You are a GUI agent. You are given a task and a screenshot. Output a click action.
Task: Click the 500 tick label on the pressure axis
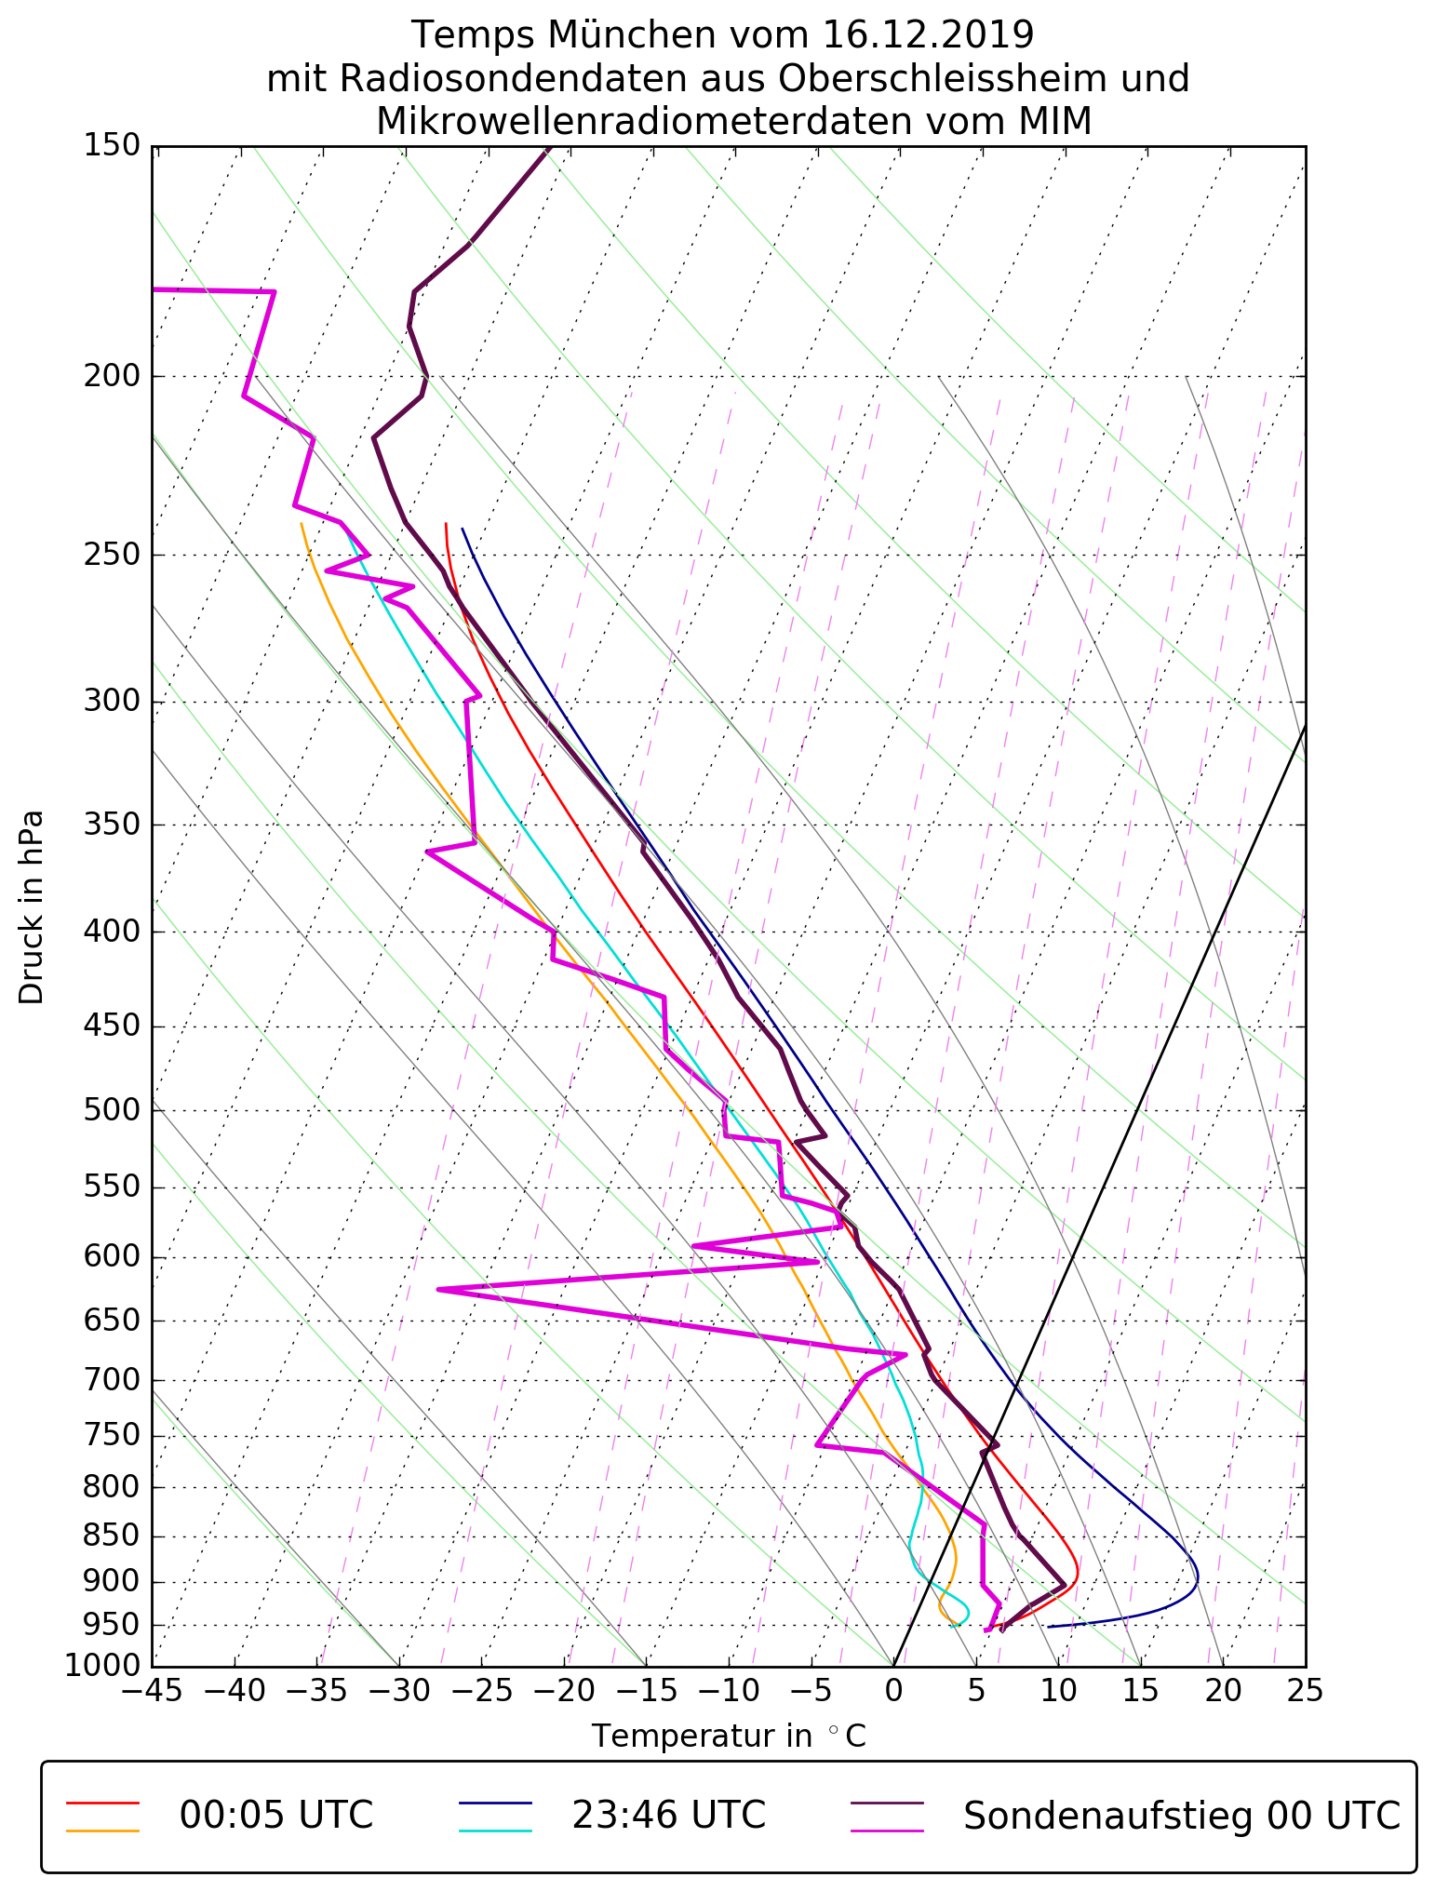point(113,1110)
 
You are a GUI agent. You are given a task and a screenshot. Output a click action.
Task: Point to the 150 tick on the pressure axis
point(113,146)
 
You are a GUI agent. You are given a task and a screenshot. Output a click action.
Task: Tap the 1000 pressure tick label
point(102,1665)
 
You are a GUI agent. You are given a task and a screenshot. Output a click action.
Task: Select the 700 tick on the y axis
point(113,1380)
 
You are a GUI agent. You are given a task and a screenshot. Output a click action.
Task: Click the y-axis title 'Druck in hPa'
point(32,907)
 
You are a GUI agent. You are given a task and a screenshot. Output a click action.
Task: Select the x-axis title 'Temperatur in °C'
point(729,1736)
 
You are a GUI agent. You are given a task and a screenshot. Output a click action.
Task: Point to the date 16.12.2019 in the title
point(928,35)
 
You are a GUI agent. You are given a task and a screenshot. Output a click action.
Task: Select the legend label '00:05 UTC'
point(276,1815)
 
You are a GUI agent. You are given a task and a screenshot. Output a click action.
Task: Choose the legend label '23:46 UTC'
point(668,1815)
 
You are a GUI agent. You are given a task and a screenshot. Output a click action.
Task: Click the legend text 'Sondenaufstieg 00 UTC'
point(1182,1815)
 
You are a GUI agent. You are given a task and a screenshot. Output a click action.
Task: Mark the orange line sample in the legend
point(102,1831)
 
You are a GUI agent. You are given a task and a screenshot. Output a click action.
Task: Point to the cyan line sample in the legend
point(495,1831)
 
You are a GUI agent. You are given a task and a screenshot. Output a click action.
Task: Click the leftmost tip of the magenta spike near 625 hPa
point(437,1290)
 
